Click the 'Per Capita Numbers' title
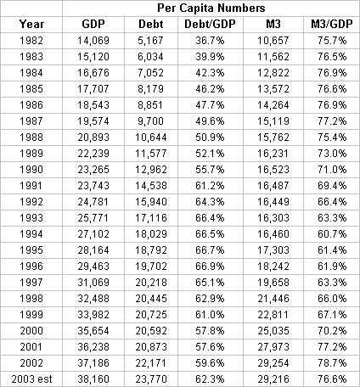[x=211, y=8]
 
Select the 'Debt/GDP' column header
[x=210, y=24]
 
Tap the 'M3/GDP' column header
[x=332, y=24]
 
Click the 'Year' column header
[x=31, y=24]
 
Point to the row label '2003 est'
[x=31, y=379]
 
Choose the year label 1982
[x=31, y=41]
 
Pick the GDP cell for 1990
[x=93, y=170]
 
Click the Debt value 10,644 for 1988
[x=151, y=137]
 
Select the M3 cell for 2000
[x=273, y=330]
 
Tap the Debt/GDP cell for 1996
[x=210, y=266]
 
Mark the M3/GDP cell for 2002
[x=332, y=362]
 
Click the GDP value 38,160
[x=93, y=379]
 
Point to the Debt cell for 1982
[x=151, y=41]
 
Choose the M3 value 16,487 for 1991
[x=273, y=186]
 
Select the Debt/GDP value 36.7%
[x=210, y=41]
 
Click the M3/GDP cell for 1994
[x=332, y=234]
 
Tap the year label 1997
[x=31, y=283]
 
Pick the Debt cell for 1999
[x=151, y=314]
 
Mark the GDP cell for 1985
[x=93, y=89]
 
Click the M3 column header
[x=273, y=24]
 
